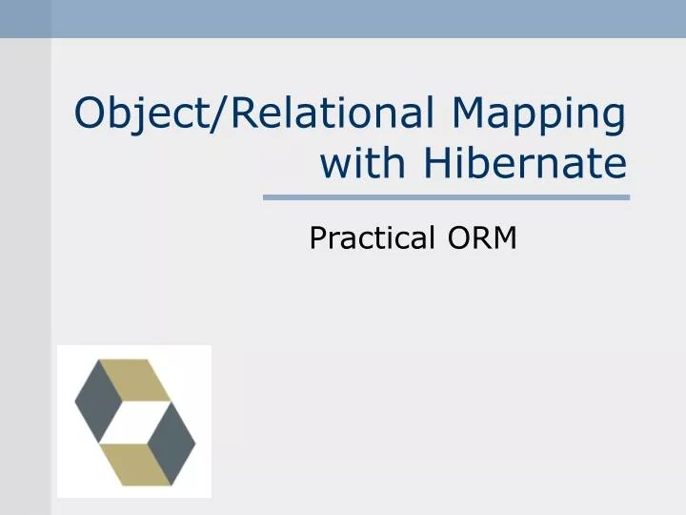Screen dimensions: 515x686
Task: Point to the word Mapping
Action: (x=538, y=115)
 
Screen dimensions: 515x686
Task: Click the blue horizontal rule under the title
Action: (x=446, y=197)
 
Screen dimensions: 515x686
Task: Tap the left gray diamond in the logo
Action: (x=97, y=402)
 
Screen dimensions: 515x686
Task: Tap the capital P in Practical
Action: (x=317, y=237)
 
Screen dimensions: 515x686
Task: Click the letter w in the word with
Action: (x=333, y=165)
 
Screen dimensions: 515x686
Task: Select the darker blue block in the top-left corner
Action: (x=25, y=19)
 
